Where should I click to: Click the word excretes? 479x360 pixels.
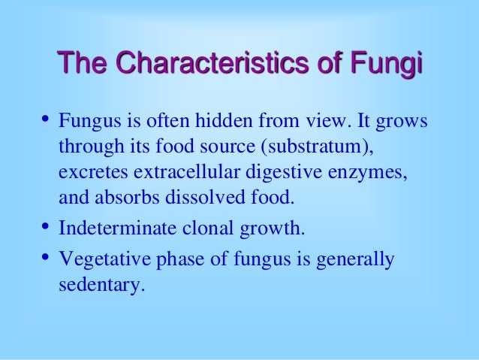click(x=90, y=174)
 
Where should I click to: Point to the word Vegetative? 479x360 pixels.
click(x=98, y=261)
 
